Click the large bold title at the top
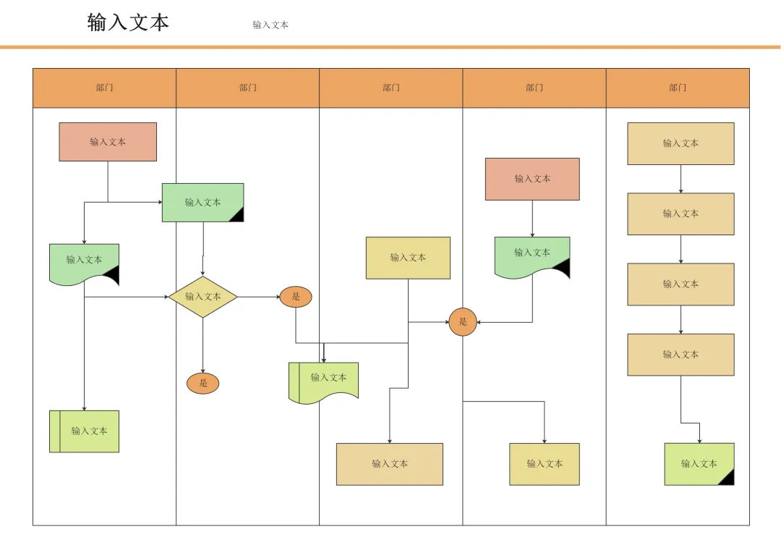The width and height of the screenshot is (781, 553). point(128,23)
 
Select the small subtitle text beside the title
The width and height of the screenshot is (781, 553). point(270,25)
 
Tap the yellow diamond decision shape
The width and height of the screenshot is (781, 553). point(202,297)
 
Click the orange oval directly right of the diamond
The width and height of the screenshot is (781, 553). point(296,297)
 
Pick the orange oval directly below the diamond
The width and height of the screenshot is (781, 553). point(202,384)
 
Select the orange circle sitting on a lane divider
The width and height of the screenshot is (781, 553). point(463,322)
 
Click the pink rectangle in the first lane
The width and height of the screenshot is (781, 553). point(108,142)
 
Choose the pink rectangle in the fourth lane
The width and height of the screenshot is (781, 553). point(532,179)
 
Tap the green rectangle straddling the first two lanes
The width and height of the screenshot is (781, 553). point(202,203)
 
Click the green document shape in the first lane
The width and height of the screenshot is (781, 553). point(84,263)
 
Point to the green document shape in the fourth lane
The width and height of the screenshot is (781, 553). point(532,256)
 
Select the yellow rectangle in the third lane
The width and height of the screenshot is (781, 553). point(408,258)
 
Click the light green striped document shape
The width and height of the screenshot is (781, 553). point(324,381)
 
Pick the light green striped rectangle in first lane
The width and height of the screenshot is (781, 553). point(84,431)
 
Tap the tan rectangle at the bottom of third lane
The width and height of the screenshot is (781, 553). point(390,464)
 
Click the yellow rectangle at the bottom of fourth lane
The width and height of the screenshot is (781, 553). point(545,464)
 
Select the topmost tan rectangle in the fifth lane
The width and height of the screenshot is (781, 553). point(681,143)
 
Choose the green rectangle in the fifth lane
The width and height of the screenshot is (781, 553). point(699,464)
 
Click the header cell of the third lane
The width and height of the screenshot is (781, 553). point(391,88)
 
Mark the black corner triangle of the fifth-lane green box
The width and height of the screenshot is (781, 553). point(729,479)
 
